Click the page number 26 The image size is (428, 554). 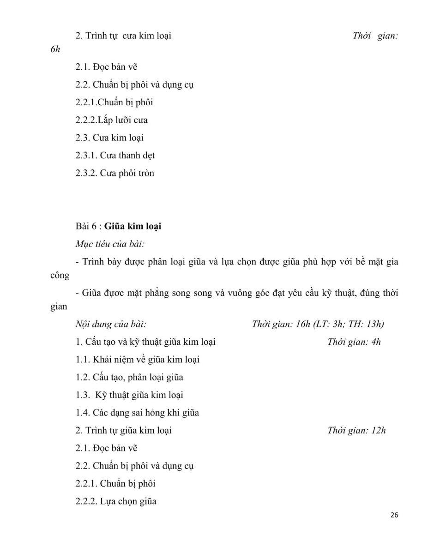(x=394, y=516)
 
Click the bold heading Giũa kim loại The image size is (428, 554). (x=133, y=227)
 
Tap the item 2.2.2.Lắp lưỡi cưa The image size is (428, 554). (x=111, y=120)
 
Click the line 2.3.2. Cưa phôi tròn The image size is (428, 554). (x=115, y=174)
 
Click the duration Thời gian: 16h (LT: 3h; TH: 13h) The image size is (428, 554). (x=318, y=324)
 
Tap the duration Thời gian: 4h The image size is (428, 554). (x=354, y=342)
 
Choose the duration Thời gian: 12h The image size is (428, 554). (x=356, y=431)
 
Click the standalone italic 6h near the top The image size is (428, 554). (x=55, y=49)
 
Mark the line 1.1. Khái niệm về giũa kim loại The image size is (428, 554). (x=138, y=359)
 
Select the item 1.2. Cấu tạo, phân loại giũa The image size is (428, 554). (x=129, y=377)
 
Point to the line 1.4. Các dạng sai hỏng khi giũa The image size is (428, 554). (x=137, y=413)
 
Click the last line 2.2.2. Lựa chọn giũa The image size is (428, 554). (x=116, y=501)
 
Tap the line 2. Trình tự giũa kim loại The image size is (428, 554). (x=123, y=431)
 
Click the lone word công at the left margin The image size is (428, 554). (x=60, y=276)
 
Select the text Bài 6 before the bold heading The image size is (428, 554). (x=85, y=227)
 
